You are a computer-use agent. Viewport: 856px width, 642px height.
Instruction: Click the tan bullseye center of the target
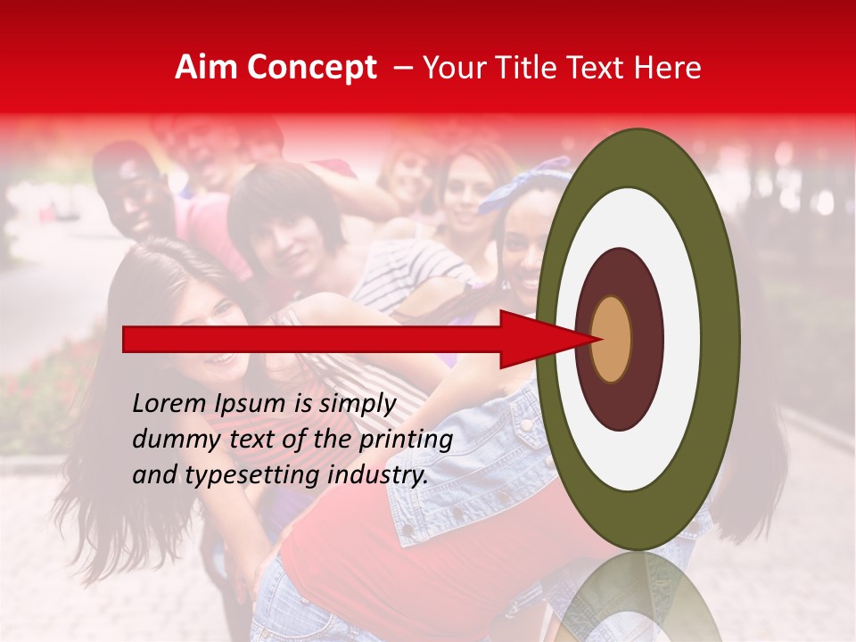[x=611, y=339]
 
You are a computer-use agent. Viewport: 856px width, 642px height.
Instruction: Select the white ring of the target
[x=638, y=464]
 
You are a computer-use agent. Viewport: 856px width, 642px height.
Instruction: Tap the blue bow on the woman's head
[x=526, y=183]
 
